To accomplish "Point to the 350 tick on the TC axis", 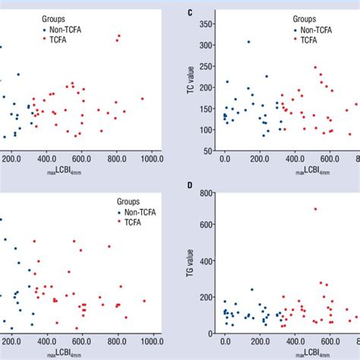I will (207, 24).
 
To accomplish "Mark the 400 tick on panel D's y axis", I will (207, 263).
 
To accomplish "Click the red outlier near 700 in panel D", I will (315, 209).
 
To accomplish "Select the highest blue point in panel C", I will (248, 42).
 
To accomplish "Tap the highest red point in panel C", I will (315, 67).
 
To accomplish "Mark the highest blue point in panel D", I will (252, 289).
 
